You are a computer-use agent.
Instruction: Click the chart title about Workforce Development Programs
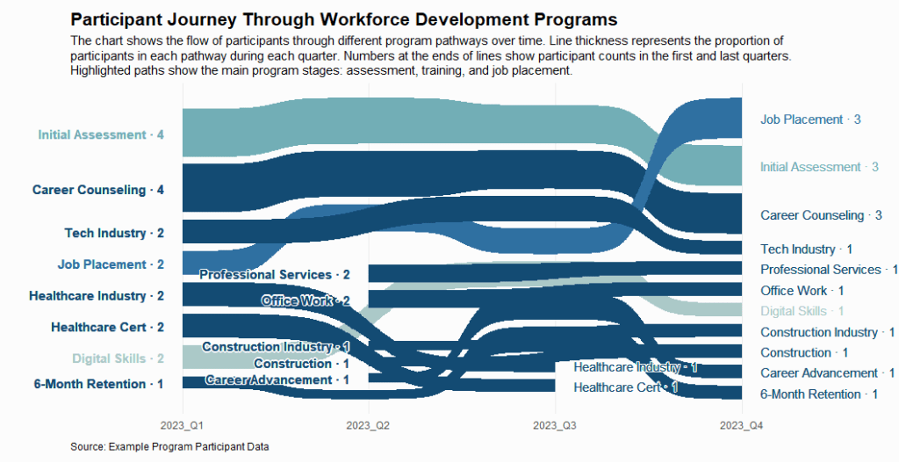point(343,19)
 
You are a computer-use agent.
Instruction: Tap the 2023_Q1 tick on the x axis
point(183,426)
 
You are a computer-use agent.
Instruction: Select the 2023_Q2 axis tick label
point(369,426)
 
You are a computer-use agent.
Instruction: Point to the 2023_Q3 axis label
point(556,426)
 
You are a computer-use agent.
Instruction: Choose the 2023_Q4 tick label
point(743,426)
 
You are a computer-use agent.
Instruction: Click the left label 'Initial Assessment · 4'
point(101,135)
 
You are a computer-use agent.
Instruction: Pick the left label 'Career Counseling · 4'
point(98,190)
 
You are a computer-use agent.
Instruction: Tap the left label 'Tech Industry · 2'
point(114,234)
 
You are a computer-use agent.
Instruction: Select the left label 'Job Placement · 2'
point(111,264)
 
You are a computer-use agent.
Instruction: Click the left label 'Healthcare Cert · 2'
point(107,328)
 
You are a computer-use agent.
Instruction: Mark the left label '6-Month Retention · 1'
point(98,384)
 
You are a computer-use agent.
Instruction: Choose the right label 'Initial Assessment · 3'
point(819,167)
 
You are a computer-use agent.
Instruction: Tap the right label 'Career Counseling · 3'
point(821,215)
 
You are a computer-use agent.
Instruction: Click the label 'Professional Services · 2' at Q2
point(275,275)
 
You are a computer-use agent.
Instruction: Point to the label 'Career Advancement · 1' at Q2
point(277,380)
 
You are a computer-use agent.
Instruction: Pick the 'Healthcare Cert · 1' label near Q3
point(626,387)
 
